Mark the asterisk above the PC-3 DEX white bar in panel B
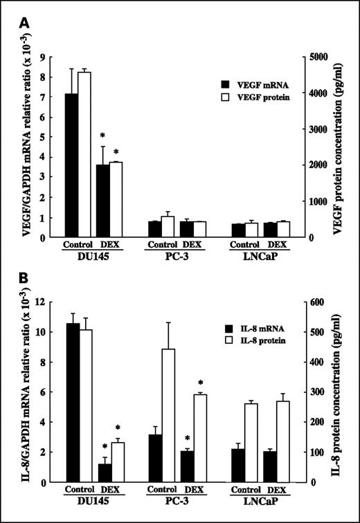click(200, 383)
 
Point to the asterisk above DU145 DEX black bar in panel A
click(102, 136)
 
